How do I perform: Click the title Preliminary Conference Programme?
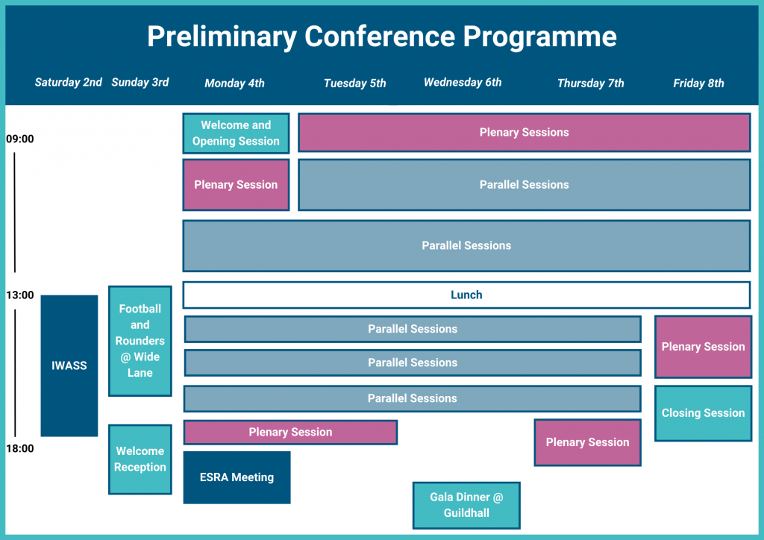click(381, 37)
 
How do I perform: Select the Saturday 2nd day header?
click(69, 82)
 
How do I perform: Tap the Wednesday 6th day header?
click(463, 82)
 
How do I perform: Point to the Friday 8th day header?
click(698, 83)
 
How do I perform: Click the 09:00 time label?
click(20, 139)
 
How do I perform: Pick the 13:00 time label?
click(20, 295)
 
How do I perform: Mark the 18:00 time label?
click(20, 448)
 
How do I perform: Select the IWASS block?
click(69, 365)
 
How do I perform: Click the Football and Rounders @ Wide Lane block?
click(140, 341)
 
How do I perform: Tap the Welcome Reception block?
click(140, 459)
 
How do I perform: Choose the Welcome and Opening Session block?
click(236, 134)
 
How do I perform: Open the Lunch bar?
click(466, 295)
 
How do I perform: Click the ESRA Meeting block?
click(237, 477)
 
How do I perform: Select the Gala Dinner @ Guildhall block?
click(466, 505)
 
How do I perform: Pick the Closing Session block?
click(703, 413)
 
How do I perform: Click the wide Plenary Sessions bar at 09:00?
click(524, 133)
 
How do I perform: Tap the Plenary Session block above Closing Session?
click(703, 347)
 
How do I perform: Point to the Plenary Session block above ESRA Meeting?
click(290, 432)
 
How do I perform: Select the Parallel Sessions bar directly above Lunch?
click(466, 245)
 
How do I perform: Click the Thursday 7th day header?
click(590, 83)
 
